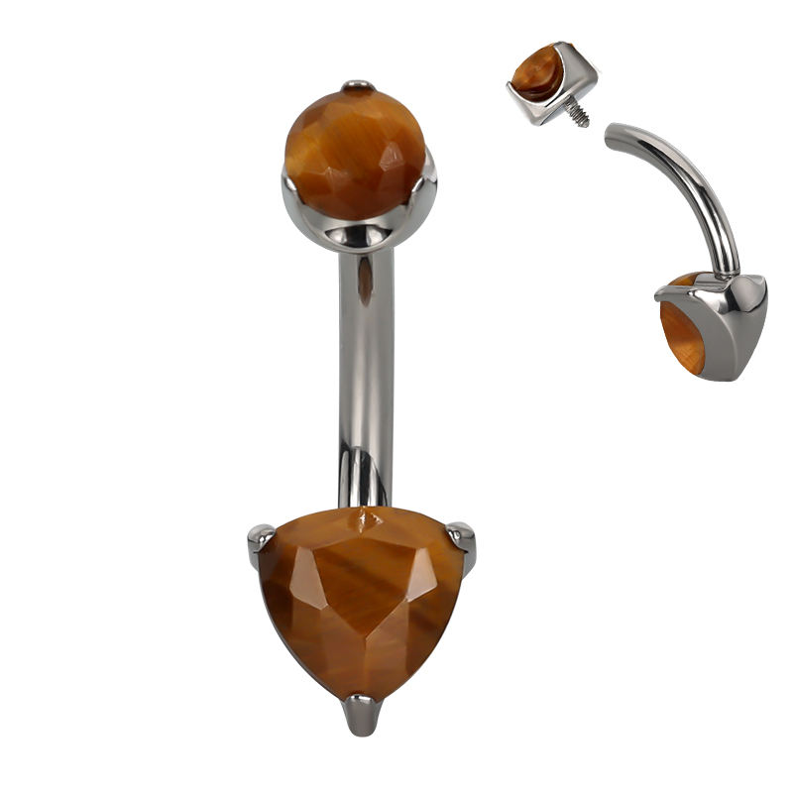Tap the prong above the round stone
point(358,86)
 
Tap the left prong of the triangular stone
point(260,541)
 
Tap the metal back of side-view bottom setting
point(738,327)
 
